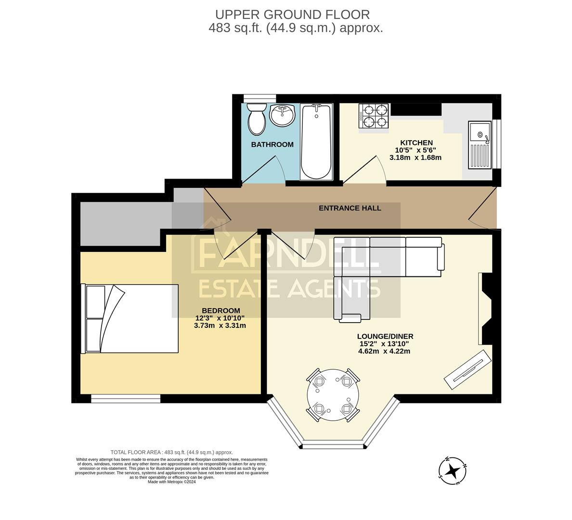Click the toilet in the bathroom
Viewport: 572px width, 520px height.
[256, 119]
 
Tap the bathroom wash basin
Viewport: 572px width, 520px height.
[282, 116]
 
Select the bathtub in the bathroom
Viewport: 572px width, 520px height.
[316, 142]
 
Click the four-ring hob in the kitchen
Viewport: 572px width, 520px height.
[374, 116]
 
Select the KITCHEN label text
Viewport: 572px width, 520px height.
[416, 143]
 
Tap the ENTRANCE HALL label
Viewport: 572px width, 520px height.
[350, 208]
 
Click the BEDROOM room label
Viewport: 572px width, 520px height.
[221, 311]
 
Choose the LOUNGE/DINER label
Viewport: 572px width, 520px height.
[385, 337]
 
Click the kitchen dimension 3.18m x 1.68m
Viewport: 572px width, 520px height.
[415, 157]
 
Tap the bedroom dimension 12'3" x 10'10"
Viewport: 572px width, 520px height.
[220, 318]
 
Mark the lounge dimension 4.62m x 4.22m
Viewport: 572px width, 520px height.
[384, 351]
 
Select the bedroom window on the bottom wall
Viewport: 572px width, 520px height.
[126, 398]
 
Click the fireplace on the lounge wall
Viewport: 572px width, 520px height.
[484, 309]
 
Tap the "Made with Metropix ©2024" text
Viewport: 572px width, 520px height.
[171, 481]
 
